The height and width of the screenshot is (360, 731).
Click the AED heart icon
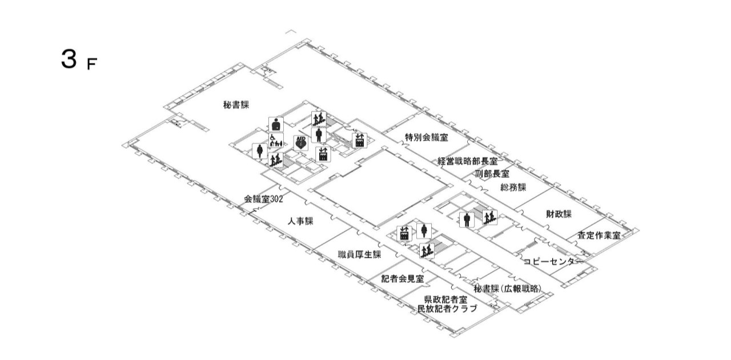pyautogui.click(x=300, y=143)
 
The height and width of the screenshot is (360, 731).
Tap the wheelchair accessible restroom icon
pyautogui.click(x=276, y=141)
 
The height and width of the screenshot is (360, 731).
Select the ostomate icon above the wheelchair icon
pyautogui.click(x=276, y=125)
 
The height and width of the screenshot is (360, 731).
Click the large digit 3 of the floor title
pyautogui.click(x=69, y=59)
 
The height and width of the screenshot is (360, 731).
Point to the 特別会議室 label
pyautogui.click(x=427, y=137)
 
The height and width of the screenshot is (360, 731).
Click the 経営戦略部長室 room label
pyautogui.click(x=468, y=161)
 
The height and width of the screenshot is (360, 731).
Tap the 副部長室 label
pyautogui.click(x=492, y=174)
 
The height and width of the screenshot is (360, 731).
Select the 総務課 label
pyautogui.click(x=513, y=187)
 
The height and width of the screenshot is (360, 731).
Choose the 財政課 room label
pyautogui.click(x=559, y=214)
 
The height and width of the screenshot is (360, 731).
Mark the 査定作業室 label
pyautogui.click(x=599, y=235)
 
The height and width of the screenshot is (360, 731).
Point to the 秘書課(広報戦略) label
pyautogui.click(x=508, y=289)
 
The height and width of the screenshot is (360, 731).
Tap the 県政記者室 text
pyautogui.click(x=445, y=299)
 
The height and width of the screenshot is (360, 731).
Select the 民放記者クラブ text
pyautogui.click(x=447, y=309)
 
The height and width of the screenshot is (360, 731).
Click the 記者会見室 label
pyautogui.click(x=403, y=279)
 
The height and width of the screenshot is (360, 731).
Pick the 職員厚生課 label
pyautogui.click(x=359, y=254)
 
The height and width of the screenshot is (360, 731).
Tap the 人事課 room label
pyautogui.click(x=300, y=221)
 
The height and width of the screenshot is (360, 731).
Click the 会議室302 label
pyautogui.click(x=263, y=199)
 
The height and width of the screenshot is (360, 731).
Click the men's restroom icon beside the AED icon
pyautogui.click(x=319, y=135)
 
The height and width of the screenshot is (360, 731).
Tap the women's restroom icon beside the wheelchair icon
pyautogui.click(x=260, y=151)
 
